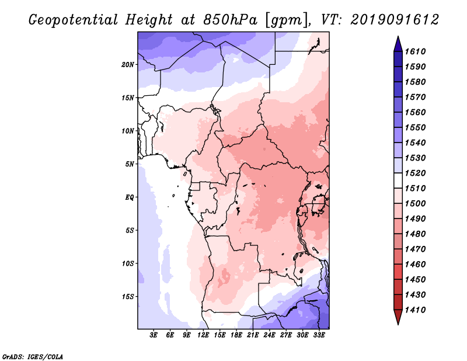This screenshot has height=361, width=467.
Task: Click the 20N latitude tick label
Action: coord(127,65)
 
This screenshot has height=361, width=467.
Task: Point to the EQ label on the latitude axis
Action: coord(129,197)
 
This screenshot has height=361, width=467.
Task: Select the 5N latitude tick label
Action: coord(130,164)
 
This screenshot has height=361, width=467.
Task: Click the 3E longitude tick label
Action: coord(154,335)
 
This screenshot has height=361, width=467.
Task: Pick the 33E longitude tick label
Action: coord(319,335)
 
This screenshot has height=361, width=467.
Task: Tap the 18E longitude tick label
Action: coord(236,335)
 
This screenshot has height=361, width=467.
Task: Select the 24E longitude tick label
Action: coord(269,335)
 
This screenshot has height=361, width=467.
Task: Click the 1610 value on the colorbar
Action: coord(415,51)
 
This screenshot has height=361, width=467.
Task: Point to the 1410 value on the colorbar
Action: coord(415,310)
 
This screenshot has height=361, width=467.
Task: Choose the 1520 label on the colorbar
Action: coord(415,173)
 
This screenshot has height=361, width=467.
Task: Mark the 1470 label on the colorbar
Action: coord(415,249)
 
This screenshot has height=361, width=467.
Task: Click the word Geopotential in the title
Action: coord(74,20)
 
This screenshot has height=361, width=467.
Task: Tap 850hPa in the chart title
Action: coord(230,20)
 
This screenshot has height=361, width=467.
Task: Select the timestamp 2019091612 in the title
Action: coord(395,20)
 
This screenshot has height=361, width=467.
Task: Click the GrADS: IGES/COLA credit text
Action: coord(33,357)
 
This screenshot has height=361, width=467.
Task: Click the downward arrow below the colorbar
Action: coord(398,317)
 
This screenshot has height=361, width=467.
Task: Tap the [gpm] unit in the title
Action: coord(287,20)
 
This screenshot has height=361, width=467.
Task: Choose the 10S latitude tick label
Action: coord(128,263)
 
